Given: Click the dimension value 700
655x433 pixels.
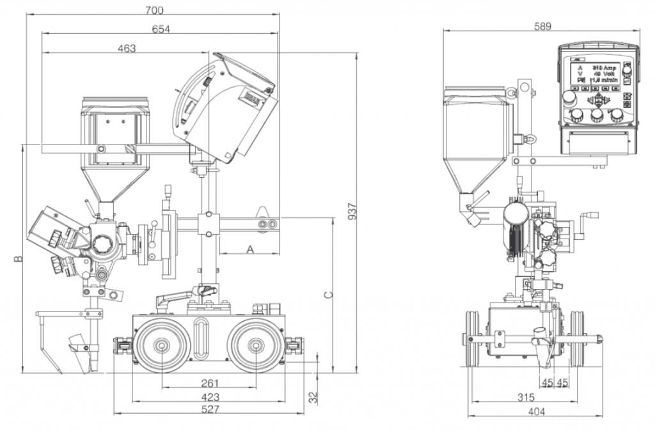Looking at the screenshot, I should (x=154, y=10).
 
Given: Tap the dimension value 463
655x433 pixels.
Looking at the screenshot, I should (x=127, y=49).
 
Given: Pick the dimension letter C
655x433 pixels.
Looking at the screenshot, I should (x=327, y=295).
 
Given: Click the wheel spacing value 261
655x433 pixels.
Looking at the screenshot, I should (x=210, y=383).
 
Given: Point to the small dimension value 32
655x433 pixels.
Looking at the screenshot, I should (x=313, y=397).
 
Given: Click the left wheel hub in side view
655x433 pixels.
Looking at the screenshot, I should (x=162, y=346).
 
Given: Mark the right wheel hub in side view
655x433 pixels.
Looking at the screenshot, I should (x=256, y=346).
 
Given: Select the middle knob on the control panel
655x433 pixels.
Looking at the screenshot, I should (x=597, y=116).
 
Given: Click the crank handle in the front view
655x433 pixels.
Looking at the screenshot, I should (x=581, y=227).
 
